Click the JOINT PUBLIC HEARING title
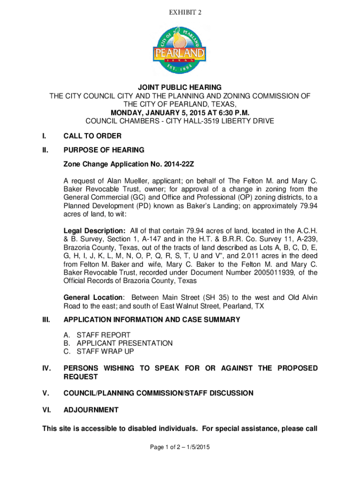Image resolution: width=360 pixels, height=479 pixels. pos(180,88)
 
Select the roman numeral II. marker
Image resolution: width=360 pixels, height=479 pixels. pos(45,150)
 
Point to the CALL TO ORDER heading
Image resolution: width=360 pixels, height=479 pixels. pos(93,136)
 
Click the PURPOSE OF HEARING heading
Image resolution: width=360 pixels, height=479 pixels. pos(104,150)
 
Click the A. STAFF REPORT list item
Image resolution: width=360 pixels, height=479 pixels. pos(97,335)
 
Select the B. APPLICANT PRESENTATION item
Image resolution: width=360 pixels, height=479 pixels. pos(118,343)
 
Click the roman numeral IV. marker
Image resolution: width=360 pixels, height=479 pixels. pos(46,369)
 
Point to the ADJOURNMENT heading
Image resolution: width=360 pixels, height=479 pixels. pos(91,410)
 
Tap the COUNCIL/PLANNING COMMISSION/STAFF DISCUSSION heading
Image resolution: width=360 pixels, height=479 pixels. pos(158,393)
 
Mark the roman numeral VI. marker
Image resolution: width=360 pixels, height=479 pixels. pos(46,410)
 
